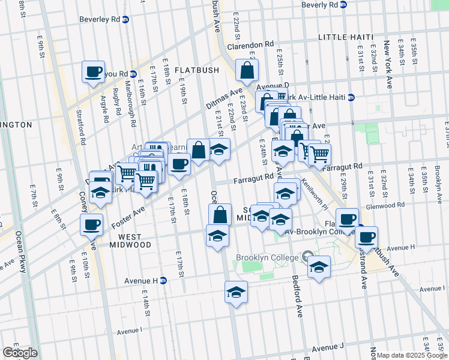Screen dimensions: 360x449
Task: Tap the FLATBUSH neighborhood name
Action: click(197, 70)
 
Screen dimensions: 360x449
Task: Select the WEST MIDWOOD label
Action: click(130, 245)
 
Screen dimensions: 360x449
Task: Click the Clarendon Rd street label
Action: click(250, 45)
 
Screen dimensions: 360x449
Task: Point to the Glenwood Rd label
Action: click(385, 205)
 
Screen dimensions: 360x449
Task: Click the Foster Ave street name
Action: click(128, 216)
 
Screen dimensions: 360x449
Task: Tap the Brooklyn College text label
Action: click(267, 258)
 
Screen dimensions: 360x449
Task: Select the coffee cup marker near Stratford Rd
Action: click(94, 72)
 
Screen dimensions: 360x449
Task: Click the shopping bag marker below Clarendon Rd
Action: click(247, 71)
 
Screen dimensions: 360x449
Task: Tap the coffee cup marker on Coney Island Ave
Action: click(91, 225)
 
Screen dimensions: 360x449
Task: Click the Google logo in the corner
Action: click(20, 353)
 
